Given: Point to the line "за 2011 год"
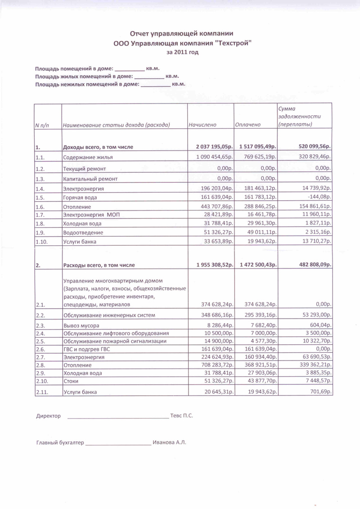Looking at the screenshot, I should coord(182,52).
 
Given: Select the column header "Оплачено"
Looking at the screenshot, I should coord(248,124).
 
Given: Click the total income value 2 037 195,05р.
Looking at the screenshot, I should coord(214,147).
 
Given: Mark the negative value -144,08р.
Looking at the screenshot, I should coord(319,197).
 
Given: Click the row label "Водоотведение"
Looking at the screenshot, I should coord(83,233).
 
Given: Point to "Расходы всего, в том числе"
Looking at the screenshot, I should coord(99,265).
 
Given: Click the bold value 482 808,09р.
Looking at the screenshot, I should coord(311,265).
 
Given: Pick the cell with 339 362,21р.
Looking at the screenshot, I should coord(312,365).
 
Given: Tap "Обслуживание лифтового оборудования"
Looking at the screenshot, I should coord(116,333).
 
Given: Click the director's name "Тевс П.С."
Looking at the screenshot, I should coord(182,416).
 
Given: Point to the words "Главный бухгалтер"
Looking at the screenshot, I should coord(60,443).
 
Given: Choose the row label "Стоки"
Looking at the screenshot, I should coord(71,382).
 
